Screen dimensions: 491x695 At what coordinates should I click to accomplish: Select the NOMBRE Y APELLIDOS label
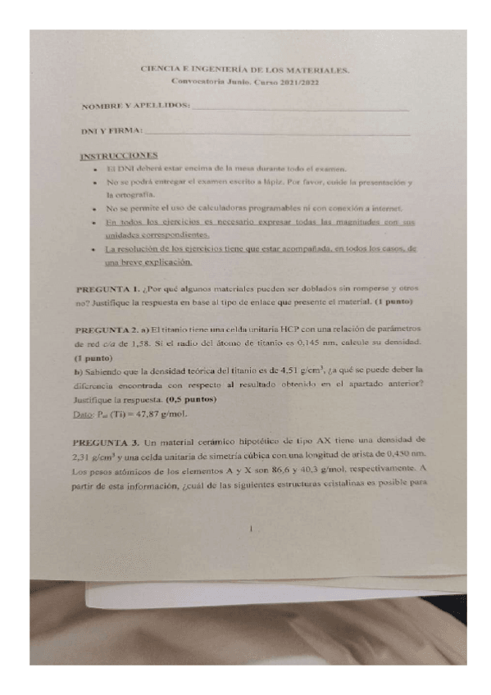tap(135, 107)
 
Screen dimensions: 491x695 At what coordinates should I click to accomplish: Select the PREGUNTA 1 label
tap(107, 290)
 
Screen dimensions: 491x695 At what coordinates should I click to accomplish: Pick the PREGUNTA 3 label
tap(107, 440)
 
